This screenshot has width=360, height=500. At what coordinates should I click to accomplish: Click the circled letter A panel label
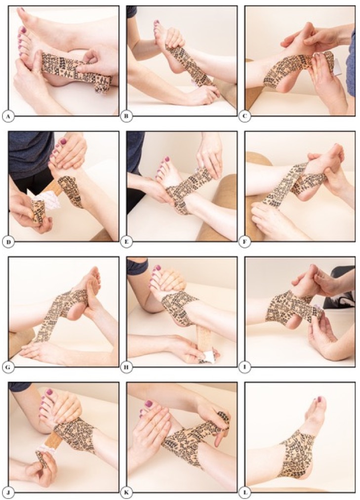point(8,116)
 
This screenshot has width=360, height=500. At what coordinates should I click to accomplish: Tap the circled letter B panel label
point(126,116)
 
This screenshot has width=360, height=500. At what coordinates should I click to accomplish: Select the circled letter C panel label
point(244,116)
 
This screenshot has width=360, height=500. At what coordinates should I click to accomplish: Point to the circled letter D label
point(8,242)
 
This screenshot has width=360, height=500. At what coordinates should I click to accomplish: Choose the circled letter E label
point(126,242)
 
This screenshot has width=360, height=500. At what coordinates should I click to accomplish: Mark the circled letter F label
point(244,242)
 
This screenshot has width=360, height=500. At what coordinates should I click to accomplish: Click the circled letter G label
point(8,367)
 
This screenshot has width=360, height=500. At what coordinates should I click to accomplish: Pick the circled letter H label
point(126,367)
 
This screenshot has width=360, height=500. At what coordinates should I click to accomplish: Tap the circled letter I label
point(244,367)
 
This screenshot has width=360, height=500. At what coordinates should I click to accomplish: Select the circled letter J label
point(8,493)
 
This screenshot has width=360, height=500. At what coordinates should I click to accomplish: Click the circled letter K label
point(126,493)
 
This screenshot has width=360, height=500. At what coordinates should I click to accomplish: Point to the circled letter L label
point(244,493)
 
